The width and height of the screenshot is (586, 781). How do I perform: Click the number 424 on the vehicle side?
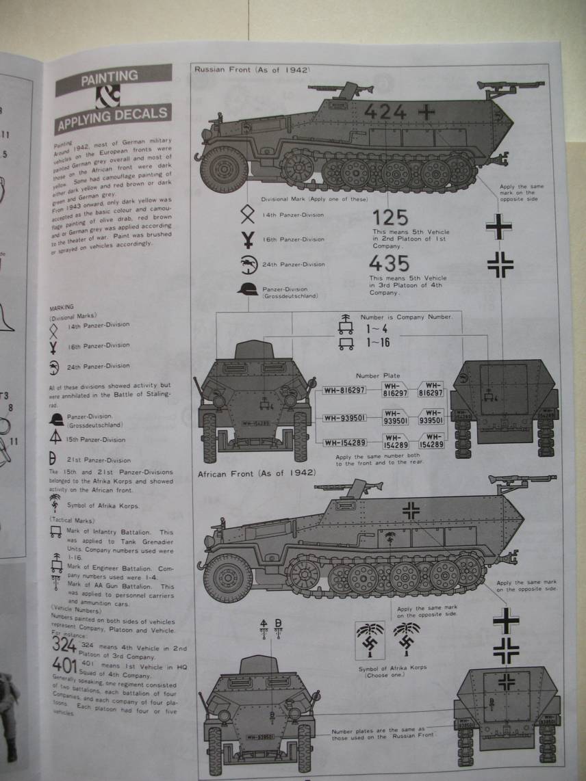[385, 111]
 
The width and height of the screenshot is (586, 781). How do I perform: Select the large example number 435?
[388, 264]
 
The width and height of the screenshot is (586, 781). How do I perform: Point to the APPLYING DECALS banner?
[114, 120]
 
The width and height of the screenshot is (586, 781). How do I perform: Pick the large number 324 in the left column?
[64, 644]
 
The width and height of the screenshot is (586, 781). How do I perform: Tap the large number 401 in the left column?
[64, 665]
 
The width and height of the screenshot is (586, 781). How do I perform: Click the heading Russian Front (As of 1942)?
[252, 69]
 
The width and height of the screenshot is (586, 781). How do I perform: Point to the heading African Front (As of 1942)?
[256, 473]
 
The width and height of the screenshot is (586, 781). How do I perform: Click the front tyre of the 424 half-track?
[223, 169]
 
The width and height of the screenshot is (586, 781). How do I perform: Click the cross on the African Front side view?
[411, 509]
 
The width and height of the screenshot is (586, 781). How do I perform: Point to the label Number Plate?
[375, 375]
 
